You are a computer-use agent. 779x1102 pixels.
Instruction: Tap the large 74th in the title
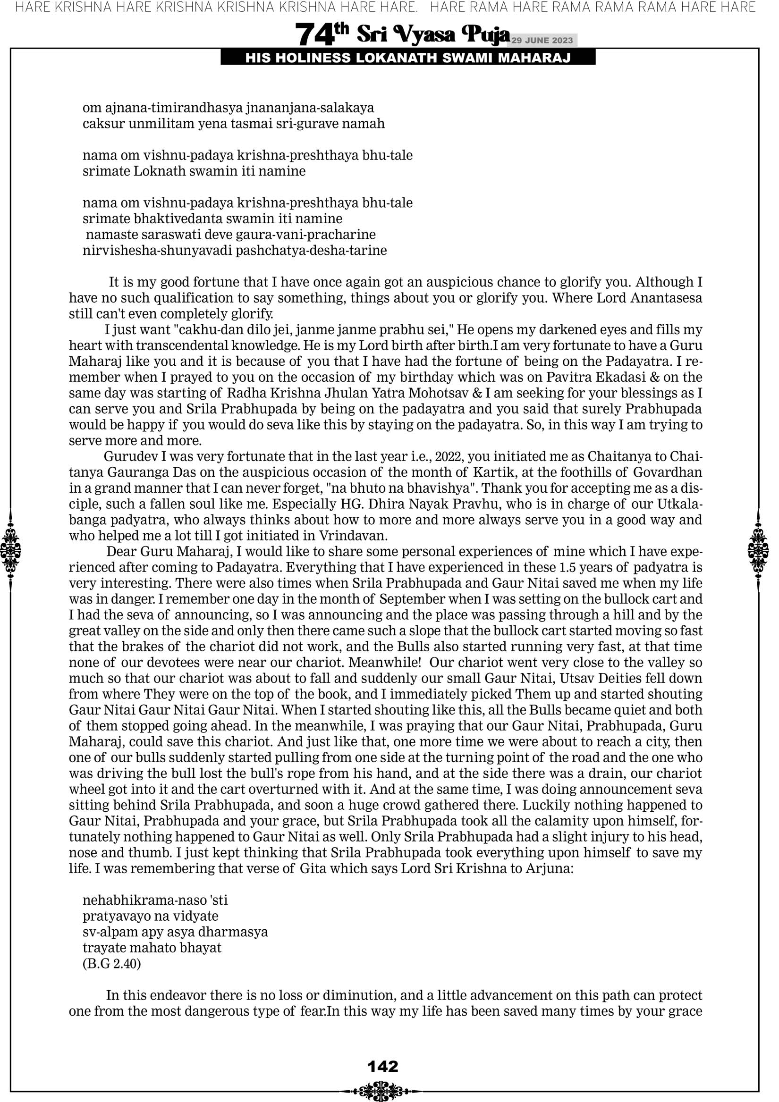321,34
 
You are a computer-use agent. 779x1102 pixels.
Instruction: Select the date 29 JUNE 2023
542,40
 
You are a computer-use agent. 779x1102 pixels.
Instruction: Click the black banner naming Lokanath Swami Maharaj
408,58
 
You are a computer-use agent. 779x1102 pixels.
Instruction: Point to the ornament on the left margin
10,550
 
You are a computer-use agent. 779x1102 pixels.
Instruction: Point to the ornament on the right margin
758,550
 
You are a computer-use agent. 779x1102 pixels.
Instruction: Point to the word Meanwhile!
385,662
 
